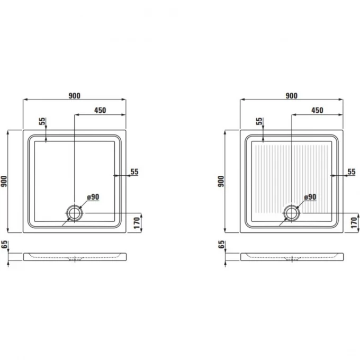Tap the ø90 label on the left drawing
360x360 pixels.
(x=93, y=197)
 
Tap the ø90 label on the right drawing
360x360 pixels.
(x=310, y=197)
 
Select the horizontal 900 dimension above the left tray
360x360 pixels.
(x=75, y=96)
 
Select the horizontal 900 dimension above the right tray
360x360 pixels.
(x=292, y=96)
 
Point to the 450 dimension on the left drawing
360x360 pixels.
(x=101, y=110)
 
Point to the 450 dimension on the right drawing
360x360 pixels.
(x=317, y=110)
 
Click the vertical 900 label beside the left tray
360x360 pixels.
(x=4, y=181)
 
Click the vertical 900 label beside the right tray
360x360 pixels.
(x=221, y=181)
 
